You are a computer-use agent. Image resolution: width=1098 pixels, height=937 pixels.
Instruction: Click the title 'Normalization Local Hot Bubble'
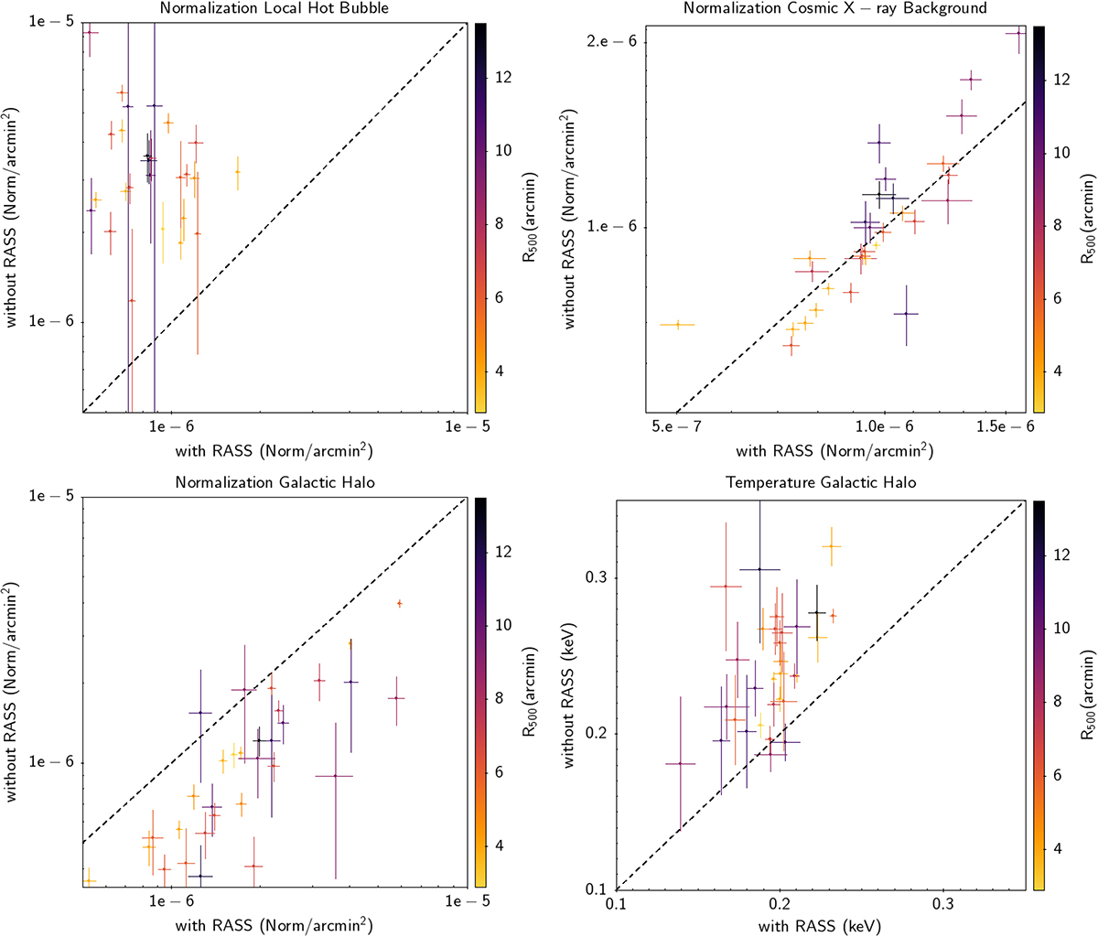[x=274, y=9]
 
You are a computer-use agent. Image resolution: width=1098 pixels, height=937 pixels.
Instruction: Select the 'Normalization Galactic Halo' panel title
[x=274, y=482]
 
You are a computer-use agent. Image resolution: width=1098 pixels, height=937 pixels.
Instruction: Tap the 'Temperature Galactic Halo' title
[x=821, y=482]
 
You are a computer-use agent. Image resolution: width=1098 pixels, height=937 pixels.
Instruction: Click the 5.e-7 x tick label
[x=674, y=427]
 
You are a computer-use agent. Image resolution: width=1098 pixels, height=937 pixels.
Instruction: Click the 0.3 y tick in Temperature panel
[x=595, y=578]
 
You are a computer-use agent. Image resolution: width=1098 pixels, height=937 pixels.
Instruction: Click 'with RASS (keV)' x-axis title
[x=819, y=926]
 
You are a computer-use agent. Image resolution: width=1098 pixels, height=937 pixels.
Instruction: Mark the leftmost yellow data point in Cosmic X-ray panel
[x=677, y=324]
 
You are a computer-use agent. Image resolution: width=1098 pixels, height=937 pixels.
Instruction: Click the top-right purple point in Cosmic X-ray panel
[x=1018, y=33]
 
